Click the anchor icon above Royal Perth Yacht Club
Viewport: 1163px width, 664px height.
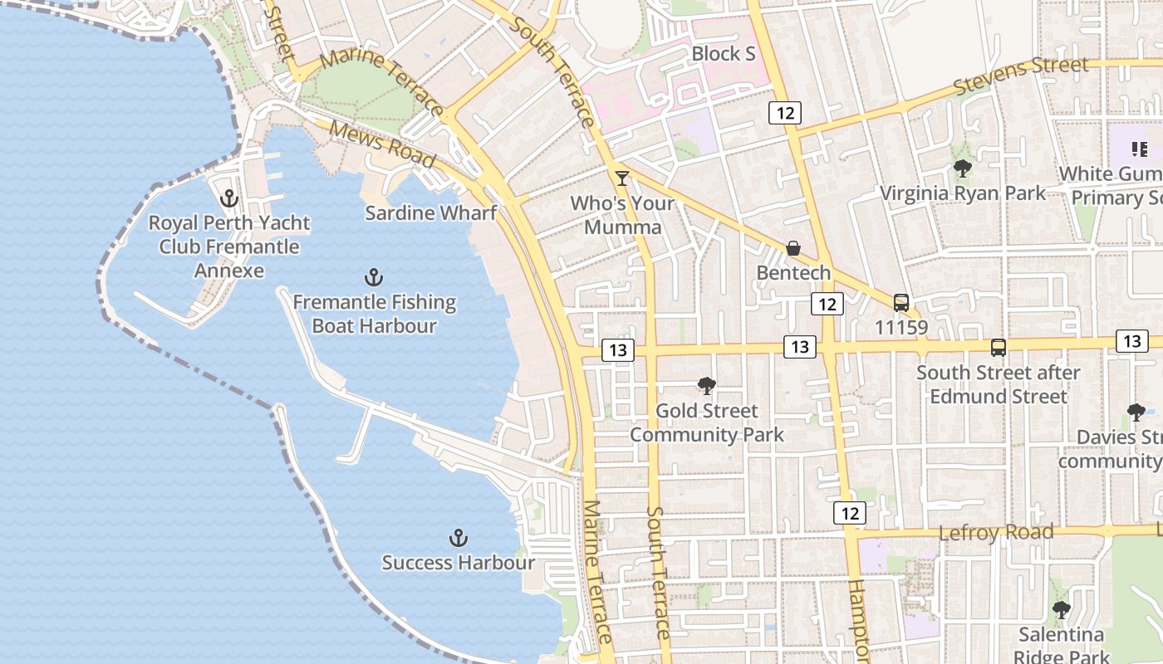tap(228, 198)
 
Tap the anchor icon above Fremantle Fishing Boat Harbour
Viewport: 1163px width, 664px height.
tap(374, 277)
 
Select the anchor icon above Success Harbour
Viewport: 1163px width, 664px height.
tap(458, 538)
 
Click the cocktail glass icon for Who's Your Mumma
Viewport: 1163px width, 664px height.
tap(621, 178)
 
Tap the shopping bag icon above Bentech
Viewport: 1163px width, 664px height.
tap(793, 248)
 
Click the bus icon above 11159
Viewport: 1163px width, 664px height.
tap(901, 303)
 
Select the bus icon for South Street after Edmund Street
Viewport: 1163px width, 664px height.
tap(999, 348)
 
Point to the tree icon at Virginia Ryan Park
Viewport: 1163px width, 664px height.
tap(963, 168)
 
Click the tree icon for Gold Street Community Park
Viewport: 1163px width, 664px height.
tap(707, 385)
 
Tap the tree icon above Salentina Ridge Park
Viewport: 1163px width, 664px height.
tap(1061, 610)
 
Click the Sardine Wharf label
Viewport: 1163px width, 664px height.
tap(431, 212)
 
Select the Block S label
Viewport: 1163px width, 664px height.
tap(724, 53)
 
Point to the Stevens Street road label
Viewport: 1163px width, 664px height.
tap(1021, 76)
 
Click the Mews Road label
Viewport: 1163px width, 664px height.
tap(382, 144)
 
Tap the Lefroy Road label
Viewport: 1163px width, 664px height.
tap(996, 532)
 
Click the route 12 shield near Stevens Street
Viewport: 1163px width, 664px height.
tap(784, 112)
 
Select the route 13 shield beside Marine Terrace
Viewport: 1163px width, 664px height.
tap(617, 350)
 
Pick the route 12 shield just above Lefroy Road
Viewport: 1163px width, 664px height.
tap(849, 513)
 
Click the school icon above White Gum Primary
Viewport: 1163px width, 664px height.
tap(1140, 149)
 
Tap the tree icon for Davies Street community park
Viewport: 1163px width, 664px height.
tap(1136, 412)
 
